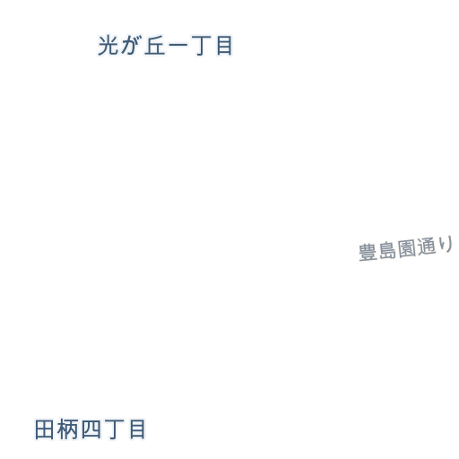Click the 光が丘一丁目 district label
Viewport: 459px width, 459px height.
(x=165, y=46)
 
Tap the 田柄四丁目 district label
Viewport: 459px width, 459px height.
(x=90, y=429)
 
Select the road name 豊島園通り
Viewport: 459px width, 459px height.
(x=405, y=249)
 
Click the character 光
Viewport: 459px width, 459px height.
(x=108, y=46)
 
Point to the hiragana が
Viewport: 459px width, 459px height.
(x=131, y=46)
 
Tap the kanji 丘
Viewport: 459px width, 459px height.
(x=155, y=46)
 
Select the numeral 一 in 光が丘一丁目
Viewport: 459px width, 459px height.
(x=178, y=46)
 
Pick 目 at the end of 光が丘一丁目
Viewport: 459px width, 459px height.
(x=224, y=46)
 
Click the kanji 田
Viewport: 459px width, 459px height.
(x=44, y=429)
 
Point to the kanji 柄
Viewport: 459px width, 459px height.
(x=67, y=429)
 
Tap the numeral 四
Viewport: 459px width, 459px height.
(x=91, y=429)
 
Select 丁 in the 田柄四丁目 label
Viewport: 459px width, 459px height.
(x=115, y=429)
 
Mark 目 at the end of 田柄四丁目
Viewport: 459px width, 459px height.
(x=137, y=429)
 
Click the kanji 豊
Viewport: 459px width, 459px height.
(x=368, y=253)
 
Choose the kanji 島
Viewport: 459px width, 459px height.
(x=386, y=250)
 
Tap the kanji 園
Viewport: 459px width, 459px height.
(x=406, y=248)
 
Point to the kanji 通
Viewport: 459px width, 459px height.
(x=426, y=247)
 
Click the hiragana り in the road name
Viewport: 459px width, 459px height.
(x=446, y=244)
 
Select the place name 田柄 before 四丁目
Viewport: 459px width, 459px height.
(x=56, y=429)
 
